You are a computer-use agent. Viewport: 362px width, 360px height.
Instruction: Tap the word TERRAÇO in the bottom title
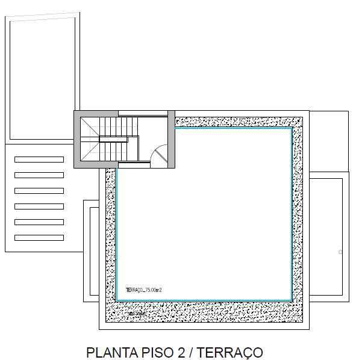(231, 352)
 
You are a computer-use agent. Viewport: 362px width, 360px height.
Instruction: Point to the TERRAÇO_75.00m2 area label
(144, 290)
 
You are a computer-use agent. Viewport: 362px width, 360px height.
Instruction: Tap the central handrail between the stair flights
(113, 138)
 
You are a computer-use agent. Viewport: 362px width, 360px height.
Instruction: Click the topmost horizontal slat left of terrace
(39, 160)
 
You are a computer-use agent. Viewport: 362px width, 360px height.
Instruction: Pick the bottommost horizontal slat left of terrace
(39, 238)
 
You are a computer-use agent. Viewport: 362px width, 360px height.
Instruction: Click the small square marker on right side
(340, 252)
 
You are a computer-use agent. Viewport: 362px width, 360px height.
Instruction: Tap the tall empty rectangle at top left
(42, 78)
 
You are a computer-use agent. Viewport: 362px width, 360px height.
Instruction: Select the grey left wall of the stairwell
(77, 138)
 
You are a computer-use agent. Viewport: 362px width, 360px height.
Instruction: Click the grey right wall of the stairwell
(171, 138)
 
